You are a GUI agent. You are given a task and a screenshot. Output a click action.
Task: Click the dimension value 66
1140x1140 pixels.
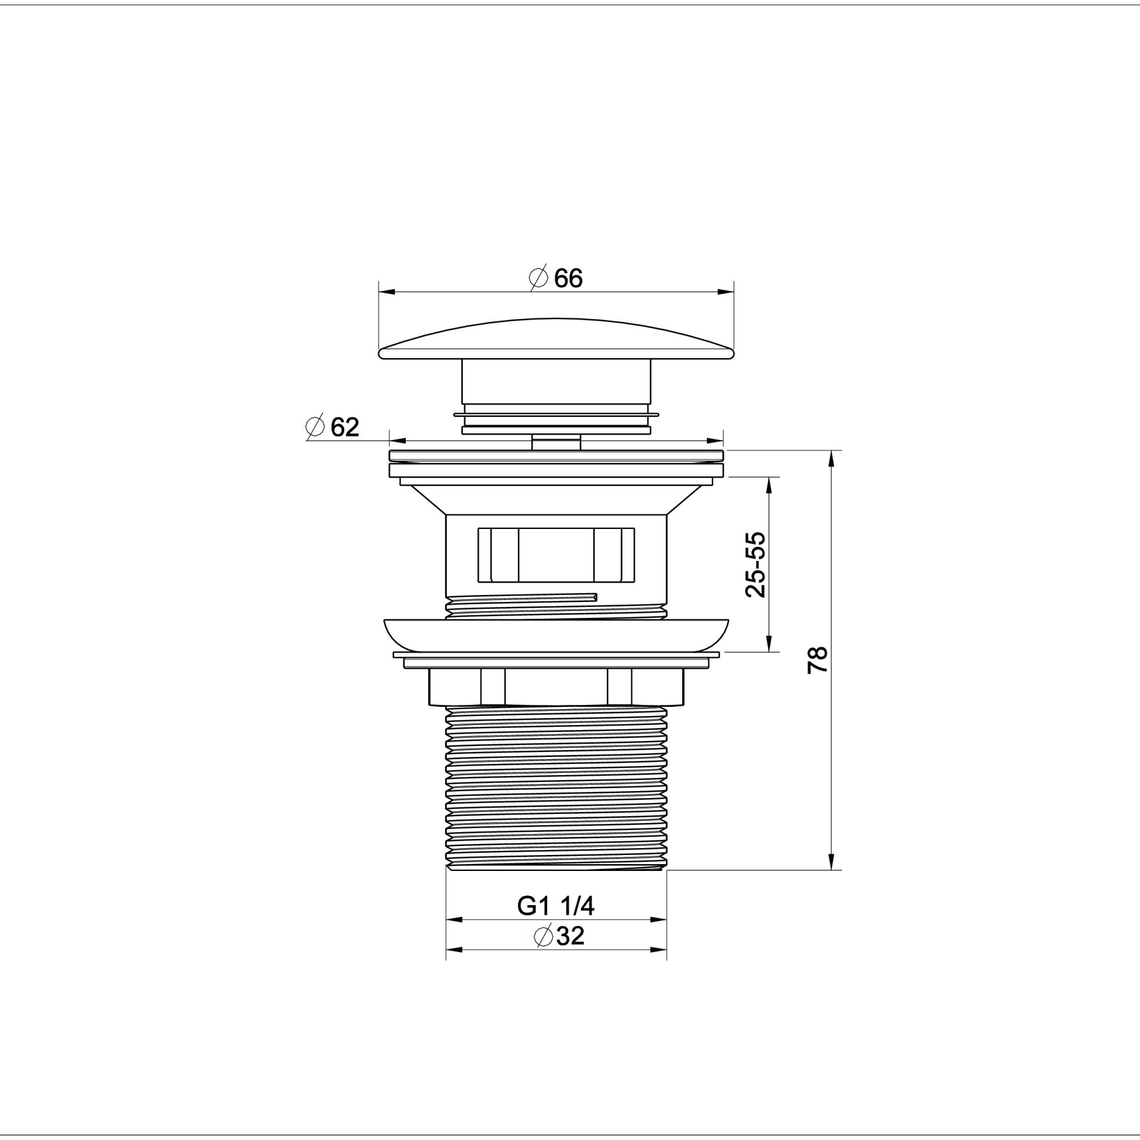tap(568, 279)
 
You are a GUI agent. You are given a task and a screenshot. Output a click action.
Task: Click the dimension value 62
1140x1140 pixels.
tap(345, 426)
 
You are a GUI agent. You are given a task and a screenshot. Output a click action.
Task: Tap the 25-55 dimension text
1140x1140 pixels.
tap(755, 565)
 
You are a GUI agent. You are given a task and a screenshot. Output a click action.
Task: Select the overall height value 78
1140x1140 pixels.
tap(818, 659)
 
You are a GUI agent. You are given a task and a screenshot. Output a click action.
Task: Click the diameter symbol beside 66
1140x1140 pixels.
tap(538, 278)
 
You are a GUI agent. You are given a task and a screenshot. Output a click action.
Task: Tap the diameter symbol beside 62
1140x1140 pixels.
tap(316, 426)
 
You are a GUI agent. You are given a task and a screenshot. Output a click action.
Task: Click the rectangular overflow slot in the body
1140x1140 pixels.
tap(556, 555)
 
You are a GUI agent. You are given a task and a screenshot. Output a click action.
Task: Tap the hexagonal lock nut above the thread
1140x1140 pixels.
tap(556, 687)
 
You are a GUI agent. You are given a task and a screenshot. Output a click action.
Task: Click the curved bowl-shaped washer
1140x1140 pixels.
tap(556, 635)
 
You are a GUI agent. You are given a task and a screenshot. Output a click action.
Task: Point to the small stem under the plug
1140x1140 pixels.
tap(556, 442)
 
